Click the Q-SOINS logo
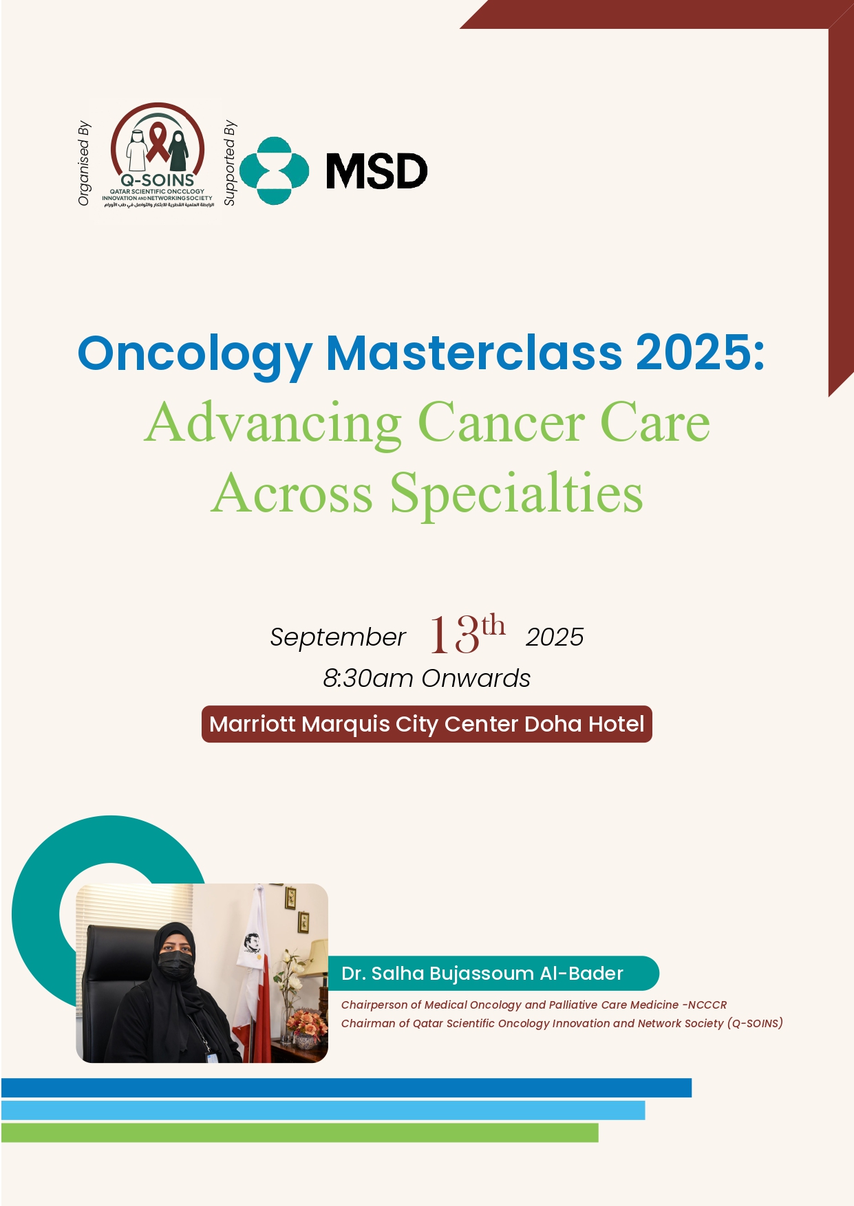click(158, 155)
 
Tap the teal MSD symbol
click(274, 171)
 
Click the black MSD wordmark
click(376, 171)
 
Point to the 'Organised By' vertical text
click(84, 164)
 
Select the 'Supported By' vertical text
click(230, 163)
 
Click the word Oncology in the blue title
click(195, 354)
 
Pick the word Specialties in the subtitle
click(516, 493)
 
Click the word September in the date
click(337, 637)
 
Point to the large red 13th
click(467, 633)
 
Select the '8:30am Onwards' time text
click(427, 679)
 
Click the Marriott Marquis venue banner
click(427, 724)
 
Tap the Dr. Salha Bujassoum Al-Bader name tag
click(493, 974)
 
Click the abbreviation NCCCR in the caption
click(706, 1005)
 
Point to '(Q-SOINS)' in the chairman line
click(755, 1023)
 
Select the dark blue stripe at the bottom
click(346, 1088)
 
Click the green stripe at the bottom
click(300, 1132)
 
